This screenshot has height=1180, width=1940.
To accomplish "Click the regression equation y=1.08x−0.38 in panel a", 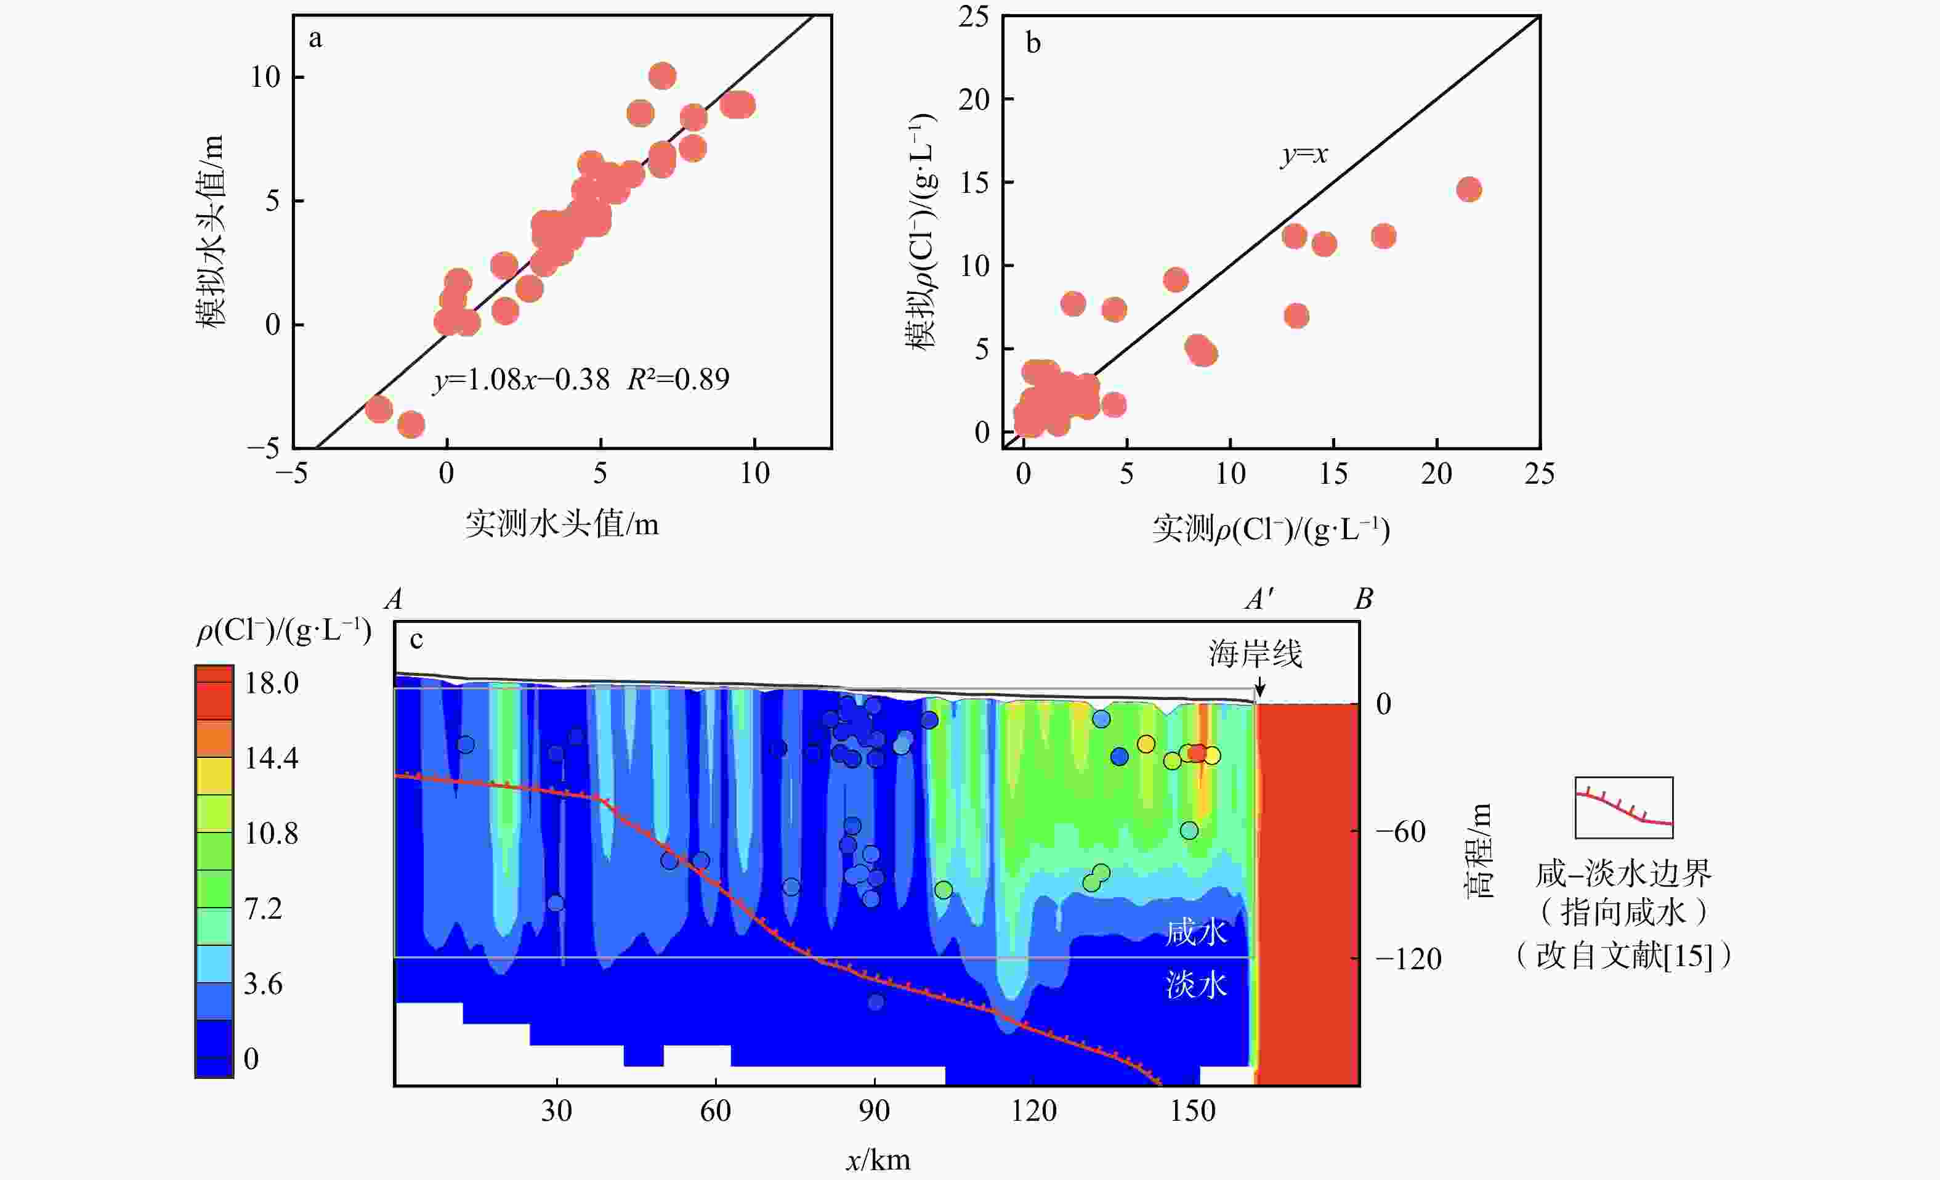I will pyautogui.click(x=521, y=380).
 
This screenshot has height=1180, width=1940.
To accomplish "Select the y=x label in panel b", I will pyautogui.click(x=1304, y=155).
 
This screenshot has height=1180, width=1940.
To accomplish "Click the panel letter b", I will pyautogui.click(x=1033, y=43).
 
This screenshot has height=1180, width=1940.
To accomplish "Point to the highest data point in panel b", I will pyautogui.click(x=1468, y=189).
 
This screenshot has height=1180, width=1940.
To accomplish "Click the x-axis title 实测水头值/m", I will pyautogui.click(x=562, y=524).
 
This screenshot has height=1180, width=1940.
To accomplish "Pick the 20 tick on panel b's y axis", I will pyautogui.click(x=974, y=99).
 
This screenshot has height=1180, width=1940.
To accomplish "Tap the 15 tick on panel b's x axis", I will pyautogui.click(x=1333, y=473).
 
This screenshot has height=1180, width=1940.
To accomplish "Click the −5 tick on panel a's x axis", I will pyautogui.click(x=291, y=473).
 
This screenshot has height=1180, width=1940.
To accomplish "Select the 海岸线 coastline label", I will pyautogui.click(x=1255, y=654).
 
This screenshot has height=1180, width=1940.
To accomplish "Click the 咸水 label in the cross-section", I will pyautogui.click(x=1196, y=933).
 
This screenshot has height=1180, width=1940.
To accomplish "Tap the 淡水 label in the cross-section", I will pyautogui.click(x=1196, y=985).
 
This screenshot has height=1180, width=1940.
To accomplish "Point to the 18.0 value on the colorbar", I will pyautogui.click(x=272, y=683).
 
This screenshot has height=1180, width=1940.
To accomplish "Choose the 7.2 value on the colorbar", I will pyautogui.click(x=263, y=909).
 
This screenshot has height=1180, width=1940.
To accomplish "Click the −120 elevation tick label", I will pyautogui.click(x=1409, y=959).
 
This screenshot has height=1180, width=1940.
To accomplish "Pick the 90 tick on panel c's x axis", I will pyautogui.click(x=874, y=1111).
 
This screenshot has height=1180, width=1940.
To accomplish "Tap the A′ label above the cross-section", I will pyautogui.click(x=1259, y=600).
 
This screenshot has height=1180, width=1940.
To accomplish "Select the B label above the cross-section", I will pyautogui.click(x=1364, y=600).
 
